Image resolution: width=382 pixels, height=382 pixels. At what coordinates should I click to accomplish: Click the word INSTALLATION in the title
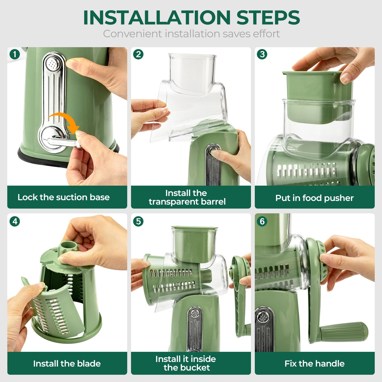pos(157,18)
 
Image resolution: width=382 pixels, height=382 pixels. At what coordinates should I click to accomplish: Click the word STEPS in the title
pos(268,18)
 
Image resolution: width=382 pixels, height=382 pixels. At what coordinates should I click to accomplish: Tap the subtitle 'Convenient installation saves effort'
pos(191,34)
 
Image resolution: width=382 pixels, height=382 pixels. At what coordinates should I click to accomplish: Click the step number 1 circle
pos(15,54)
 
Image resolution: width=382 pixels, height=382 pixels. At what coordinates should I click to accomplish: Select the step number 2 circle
pos(138,54)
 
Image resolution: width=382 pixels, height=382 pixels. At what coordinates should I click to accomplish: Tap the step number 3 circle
pos(262,54)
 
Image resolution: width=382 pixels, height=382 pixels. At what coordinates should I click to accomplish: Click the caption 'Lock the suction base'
pos(63,197)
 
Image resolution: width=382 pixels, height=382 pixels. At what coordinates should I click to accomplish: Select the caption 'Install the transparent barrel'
pos(187,197)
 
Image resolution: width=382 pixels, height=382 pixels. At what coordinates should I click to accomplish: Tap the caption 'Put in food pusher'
pos(314,198)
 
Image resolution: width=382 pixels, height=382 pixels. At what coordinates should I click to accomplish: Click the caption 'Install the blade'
pos(67,363)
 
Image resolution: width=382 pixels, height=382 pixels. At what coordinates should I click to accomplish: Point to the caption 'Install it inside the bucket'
pos(186,363)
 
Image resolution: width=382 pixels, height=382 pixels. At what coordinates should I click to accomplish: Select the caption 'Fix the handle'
pos(314,363)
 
